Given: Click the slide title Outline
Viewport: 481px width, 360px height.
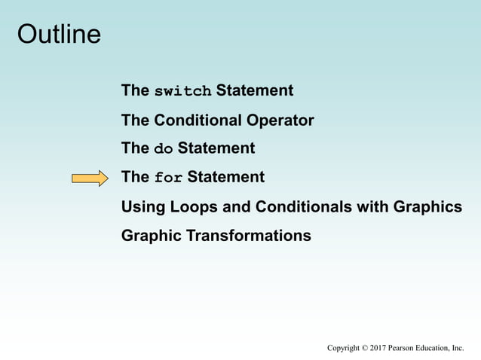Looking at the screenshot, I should [59, 35].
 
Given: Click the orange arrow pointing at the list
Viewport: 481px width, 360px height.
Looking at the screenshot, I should [90, 178].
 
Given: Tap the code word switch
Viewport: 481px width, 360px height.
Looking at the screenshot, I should [182, 92].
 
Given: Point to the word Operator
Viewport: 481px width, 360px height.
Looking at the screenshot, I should [280, 121].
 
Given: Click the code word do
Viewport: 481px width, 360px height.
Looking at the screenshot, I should [164, 149].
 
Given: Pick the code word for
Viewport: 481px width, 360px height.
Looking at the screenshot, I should [168, 178].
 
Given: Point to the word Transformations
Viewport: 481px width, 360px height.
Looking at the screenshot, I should [248, 236].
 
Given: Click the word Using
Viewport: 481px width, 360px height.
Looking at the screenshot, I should [141, 206].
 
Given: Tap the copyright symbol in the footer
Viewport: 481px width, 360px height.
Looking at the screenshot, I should [363, 348].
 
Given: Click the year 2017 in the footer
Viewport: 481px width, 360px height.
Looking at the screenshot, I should [378, 348].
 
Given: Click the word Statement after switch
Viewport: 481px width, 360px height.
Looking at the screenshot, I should [254, 91].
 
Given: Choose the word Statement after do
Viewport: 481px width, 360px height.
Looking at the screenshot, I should [216, 148].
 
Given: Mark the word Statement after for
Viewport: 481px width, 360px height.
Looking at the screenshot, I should [225, 178].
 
